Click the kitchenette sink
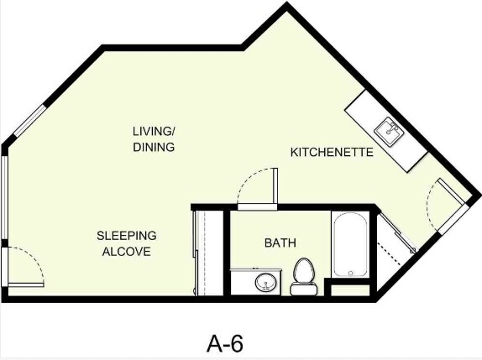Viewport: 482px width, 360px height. (390, 130)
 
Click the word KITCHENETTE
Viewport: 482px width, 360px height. (332, 153)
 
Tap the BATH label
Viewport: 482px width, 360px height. (280, 243)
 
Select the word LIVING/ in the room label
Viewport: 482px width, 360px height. (154, 131)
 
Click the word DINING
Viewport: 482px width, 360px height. (154, 148)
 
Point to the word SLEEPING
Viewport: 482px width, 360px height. (126, 236)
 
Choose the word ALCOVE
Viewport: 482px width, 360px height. (126, 252)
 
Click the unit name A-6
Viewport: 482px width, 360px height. (225, 342)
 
